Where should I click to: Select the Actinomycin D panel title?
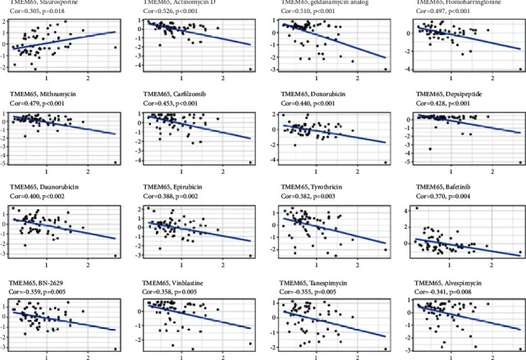point(178,4)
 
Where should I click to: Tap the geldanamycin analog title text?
point(318,4)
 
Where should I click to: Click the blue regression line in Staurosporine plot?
point(66,40)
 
